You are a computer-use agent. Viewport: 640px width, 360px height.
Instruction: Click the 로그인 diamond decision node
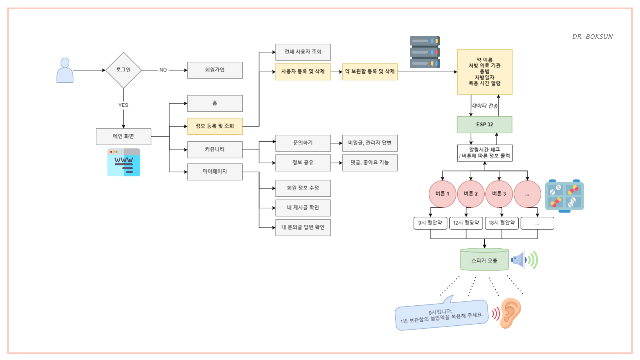123,70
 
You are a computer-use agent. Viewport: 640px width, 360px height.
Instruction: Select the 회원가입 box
215,70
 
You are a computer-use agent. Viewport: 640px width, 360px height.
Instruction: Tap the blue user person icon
65,71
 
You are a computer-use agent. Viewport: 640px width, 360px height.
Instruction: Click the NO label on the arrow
163,70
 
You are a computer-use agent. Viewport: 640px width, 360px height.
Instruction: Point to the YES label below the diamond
123,105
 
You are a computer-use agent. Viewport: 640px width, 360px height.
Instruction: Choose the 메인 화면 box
123,136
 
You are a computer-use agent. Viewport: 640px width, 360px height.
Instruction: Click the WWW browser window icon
124,162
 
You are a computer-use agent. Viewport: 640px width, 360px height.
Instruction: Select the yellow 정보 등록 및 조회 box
215,126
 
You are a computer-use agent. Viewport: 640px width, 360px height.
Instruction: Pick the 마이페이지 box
215,171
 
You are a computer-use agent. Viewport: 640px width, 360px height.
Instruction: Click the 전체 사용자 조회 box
303,52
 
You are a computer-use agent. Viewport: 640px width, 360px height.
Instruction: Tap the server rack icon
425,52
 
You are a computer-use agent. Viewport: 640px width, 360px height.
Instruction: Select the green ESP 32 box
484,125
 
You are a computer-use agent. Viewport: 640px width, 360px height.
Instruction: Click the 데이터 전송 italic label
485,106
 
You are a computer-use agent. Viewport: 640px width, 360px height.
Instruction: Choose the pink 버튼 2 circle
471,194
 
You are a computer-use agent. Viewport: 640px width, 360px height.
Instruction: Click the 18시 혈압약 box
501,223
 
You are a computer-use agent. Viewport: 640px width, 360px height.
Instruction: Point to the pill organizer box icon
564,196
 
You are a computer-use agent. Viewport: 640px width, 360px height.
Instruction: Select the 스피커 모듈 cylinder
484,260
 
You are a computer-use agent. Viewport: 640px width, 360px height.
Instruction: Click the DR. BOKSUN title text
592,37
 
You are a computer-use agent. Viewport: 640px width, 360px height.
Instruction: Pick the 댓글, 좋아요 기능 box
370,163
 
